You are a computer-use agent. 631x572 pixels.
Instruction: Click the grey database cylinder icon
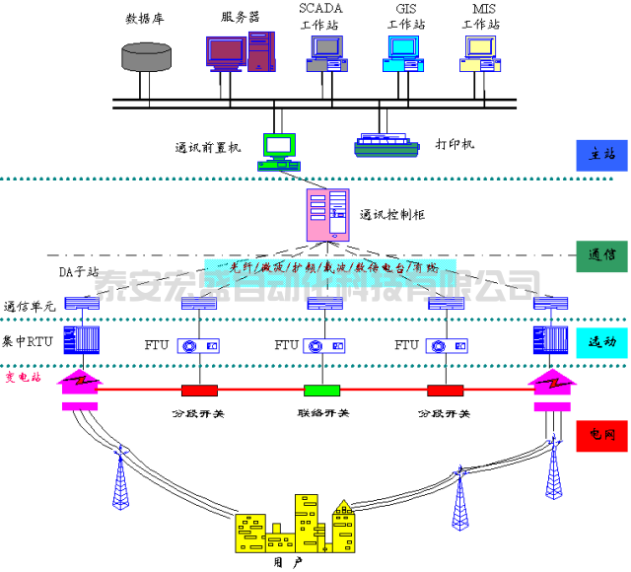pos(146,54)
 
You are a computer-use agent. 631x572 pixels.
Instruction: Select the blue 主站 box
pos(601,156)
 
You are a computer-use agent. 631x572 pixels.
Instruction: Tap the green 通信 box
pos(601,254)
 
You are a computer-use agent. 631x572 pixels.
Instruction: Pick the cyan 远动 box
pos(601,341)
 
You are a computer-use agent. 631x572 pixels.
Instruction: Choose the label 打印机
pos(455,145)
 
